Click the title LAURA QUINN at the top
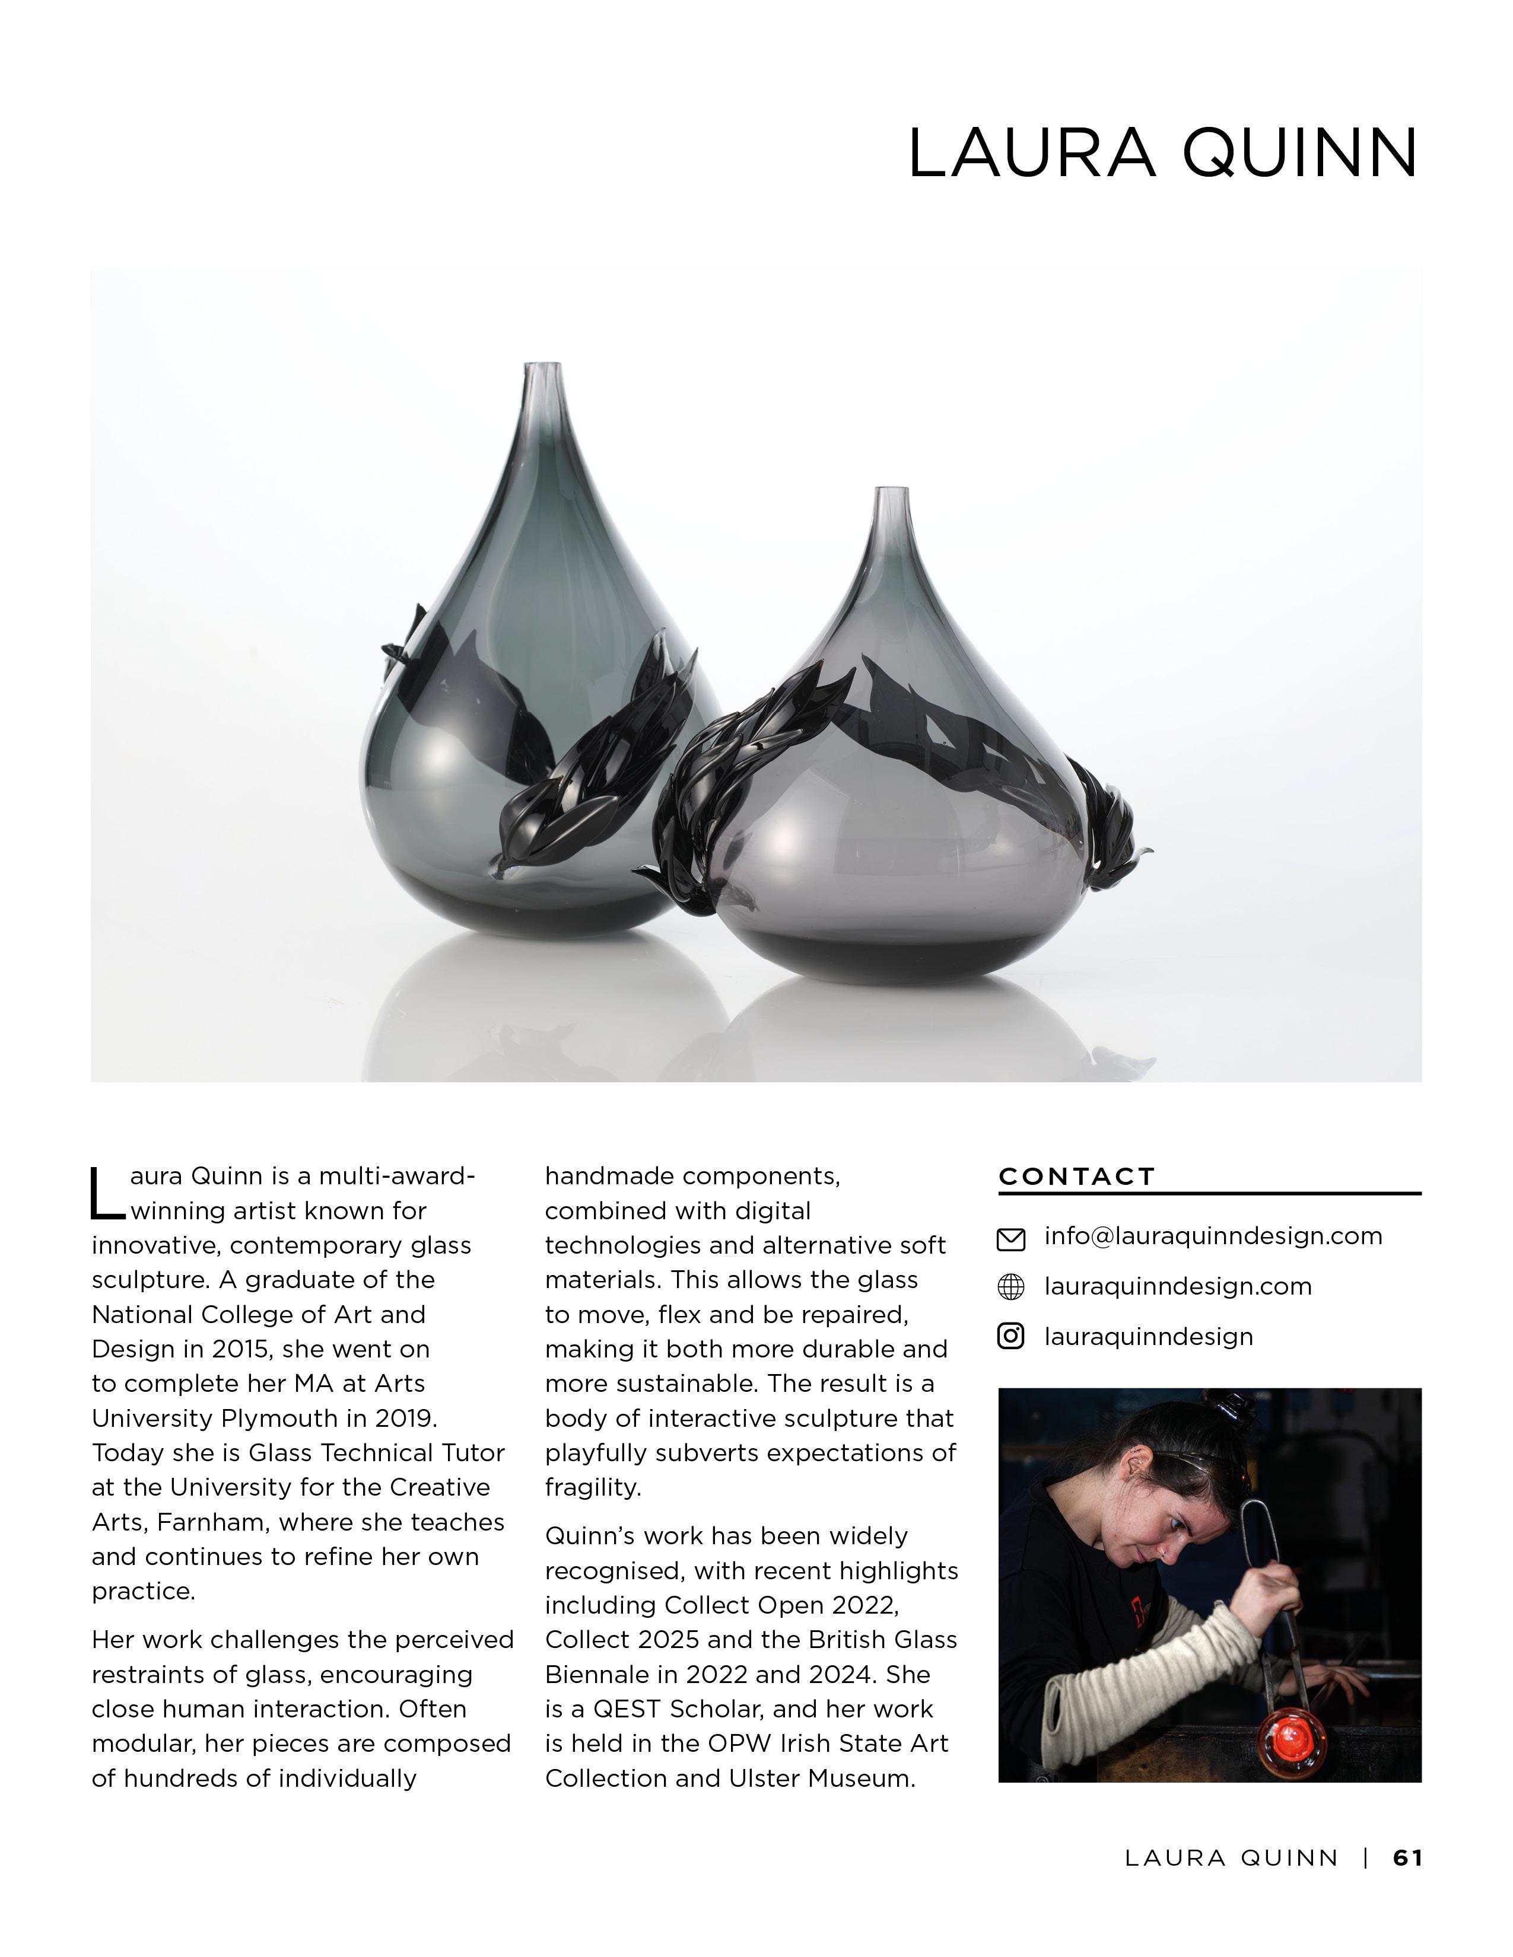click(x=1162, y=153)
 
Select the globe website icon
click(x=1010, y=1287)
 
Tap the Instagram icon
click(x=1010, y=1337)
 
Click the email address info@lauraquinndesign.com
click(x=1213, y=1236)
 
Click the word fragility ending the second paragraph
click(x=593, y=1489)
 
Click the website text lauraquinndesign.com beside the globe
click(x=1177, y=1287)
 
